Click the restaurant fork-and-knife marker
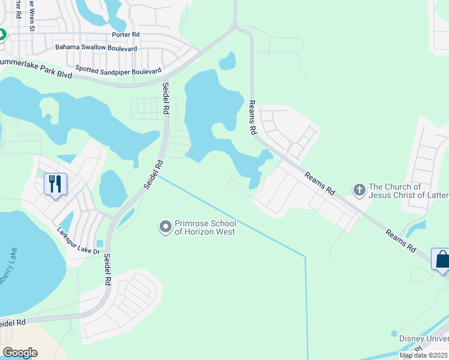(x=55, y=184)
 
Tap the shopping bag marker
(x=442, y=260)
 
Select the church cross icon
(x=359, y=190)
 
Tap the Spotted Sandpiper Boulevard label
(x=118, y=70)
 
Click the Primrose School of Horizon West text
(x=204, y=227)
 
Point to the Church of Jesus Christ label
(x=408, y=191)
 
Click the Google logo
(x=20, y=353)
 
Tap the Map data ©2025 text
(x=424, y=355)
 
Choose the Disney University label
(x=424, y=338)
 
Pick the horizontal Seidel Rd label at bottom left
(x=12, y=323)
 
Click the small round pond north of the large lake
(x=228, y=61)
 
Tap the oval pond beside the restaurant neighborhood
(x=112, y=188)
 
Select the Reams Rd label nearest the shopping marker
(x=401, y=239)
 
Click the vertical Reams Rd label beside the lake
(x=253, y=118)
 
